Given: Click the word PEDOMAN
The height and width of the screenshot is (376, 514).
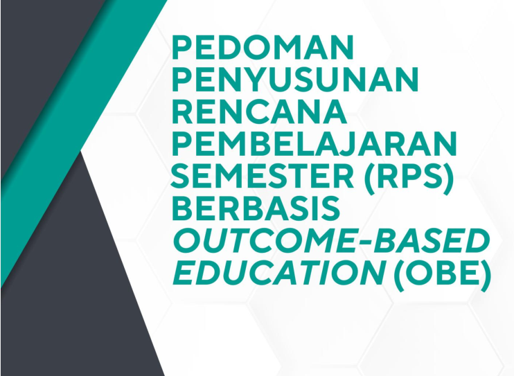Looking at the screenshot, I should coord(263,48).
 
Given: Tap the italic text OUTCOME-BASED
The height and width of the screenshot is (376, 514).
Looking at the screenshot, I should coord(330,241).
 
